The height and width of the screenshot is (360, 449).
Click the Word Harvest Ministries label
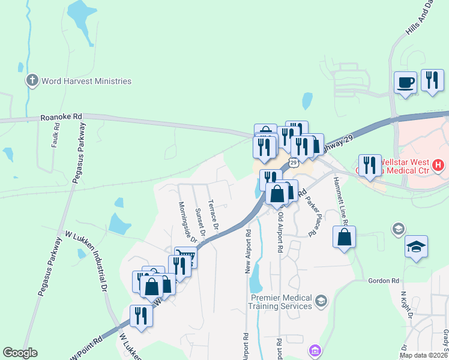tap(86, 81)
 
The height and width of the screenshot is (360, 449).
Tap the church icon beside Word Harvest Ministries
tap(32, 80)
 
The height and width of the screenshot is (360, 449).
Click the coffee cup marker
tap(405, 82)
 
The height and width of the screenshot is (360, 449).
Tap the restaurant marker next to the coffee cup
tap(432, 80)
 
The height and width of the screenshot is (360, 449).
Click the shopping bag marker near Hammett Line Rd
tap(345, 237)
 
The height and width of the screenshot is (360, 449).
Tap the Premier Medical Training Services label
tap(281, 302)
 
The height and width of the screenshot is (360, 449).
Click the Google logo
tap(20, 353)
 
